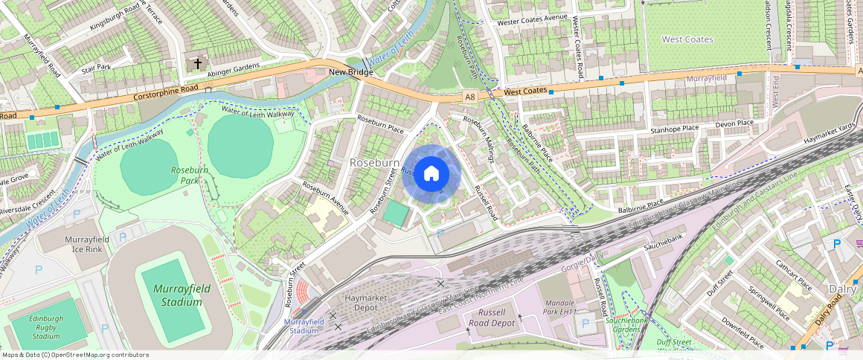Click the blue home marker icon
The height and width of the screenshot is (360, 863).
431,174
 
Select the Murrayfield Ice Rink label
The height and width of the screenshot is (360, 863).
87,244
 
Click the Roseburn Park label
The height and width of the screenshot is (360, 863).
189,175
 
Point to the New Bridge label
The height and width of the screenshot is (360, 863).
350,73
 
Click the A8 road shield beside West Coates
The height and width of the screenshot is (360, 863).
469,96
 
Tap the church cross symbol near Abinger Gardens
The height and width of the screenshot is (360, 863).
198,64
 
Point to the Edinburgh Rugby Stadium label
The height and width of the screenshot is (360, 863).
46,327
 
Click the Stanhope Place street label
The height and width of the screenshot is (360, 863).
675,128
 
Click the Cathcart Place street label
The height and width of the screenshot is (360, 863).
793,274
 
